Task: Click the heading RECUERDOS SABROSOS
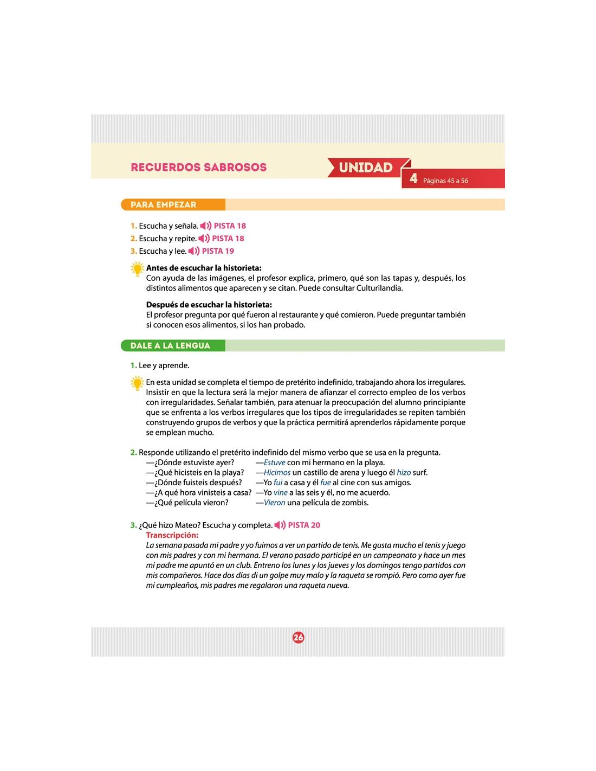pyautogui.click(x=198, y=167)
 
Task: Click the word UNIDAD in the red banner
pyautogui.click(x=366, y=168)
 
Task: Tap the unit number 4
pyautogui.click(x=413, y=179)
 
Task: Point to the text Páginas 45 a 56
pyautogui.click(x=445, y=181)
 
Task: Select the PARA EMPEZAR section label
pyautogui.click(x=163, y=205)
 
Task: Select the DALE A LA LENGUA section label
pyautogui.click(x=170, y=345)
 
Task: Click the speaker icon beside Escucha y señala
pyautogui.click(x=205, y=226)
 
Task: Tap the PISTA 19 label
pyautogui.click(x=218, y=251)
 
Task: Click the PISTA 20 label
pyautogui.click(x=304, y=525)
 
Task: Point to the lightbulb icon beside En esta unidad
pyautogui.click(x=138, y=383)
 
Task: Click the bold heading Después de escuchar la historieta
pyautogui.click(x=209, y=305)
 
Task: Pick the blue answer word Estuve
pyautogui.click(x=274, y=462)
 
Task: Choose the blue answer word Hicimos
pyautogui.click(x=277, y=473)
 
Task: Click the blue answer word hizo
pyautogui.click(x=404, y=473)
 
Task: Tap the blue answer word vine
pyautogui.click(x=280, y=493)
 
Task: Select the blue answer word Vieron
pyautogui.click(x=274, y=503)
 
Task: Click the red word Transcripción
pyautogui.click(x=172, y=535)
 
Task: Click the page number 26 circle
pyautogui.click(x=299, y=638)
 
